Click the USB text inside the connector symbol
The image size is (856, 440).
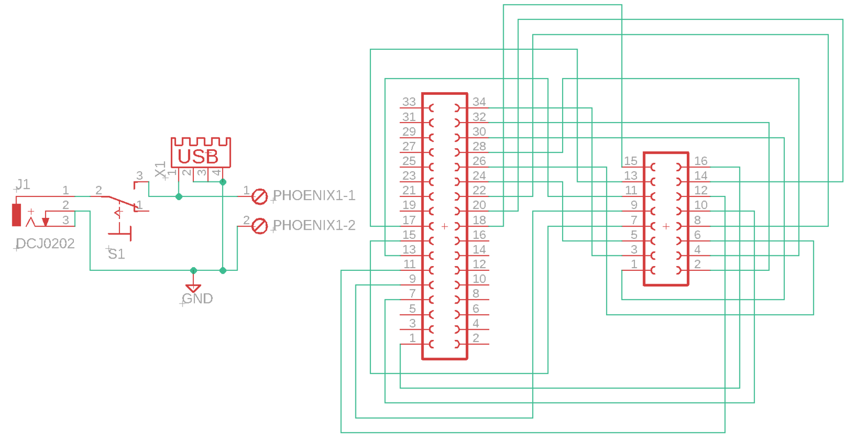tap(198, 157)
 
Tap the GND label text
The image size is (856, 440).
tap(197, 298)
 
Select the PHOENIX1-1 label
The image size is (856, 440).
tap(314, 195)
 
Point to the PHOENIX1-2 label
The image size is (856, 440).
tap(314, 225)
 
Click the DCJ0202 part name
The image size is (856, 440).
tap(45, 244)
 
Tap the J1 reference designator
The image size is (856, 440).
tap(23, 185)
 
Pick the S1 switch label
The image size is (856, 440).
tap(116, 254)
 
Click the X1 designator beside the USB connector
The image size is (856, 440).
tap(160, 169)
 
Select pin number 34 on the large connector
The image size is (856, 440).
tap(479, 102)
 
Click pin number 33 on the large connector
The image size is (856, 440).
tap(409, 102)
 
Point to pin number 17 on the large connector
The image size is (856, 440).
tap(409, 220)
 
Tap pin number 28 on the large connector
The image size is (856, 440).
tap(479, 146)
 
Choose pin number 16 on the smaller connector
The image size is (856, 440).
tap(701, 161)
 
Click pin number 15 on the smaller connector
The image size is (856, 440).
tap(631, 161)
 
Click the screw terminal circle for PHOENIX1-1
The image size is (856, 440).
tap(260, 196)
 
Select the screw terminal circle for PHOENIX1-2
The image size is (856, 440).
tap(260, 226)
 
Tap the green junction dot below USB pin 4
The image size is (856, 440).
tap(223, 182)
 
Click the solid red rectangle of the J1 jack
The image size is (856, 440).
tap(17, 215)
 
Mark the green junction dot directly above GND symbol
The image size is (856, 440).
tap(193, 270)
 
